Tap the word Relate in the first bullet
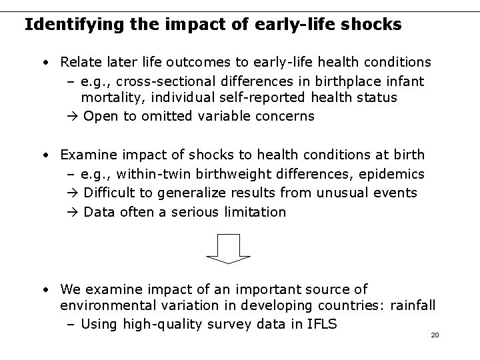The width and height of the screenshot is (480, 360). (78, 62)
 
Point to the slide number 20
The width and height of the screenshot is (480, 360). (435, 335)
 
